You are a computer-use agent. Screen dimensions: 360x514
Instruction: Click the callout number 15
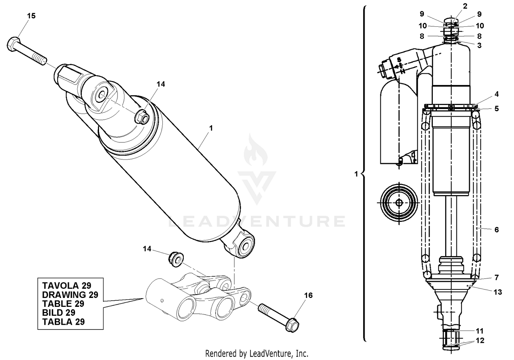(31, 16)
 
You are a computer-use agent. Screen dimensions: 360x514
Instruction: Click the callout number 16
(308, 295)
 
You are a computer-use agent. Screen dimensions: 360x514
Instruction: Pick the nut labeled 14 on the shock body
(142, 118)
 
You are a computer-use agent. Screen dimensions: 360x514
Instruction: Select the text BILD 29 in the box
(59, 313)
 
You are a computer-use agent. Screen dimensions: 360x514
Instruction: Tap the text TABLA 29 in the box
(63, 322)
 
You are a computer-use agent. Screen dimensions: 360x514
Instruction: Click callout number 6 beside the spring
(497, 230)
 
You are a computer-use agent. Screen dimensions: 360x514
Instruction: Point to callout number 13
(498, 292)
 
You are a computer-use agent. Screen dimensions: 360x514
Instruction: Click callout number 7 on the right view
(497, 277)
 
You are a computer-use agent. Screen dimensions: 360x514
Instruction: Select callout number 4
(497, 94)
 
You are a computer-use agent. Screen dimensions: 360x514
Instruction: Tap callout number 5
(497, 108)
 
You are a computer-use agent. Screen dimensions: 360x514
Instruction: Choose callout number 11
(479, 331)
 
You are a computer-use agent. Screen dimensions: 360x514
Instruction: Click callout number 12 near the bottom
(480, 341)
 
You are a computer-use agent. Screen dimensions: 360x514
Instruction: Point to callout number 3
(479, 45)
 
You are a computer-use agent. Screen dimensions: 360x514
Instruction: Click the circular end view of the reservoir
(399, 203)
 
